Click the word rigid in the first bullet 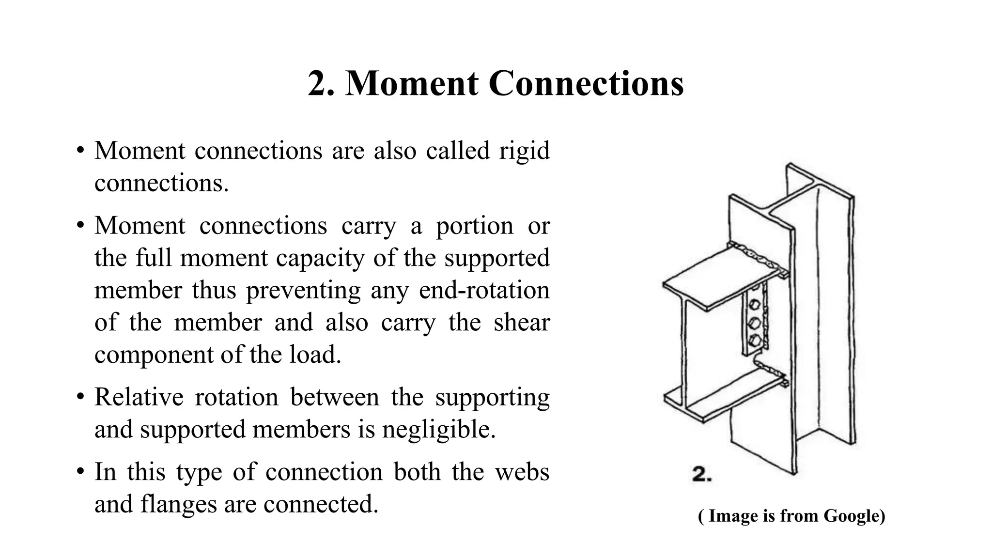pos(525,151)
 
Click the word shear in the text pos(522,323)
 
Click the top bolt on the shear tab pos(754,305)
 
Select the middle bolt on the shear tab pos(754,323)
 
